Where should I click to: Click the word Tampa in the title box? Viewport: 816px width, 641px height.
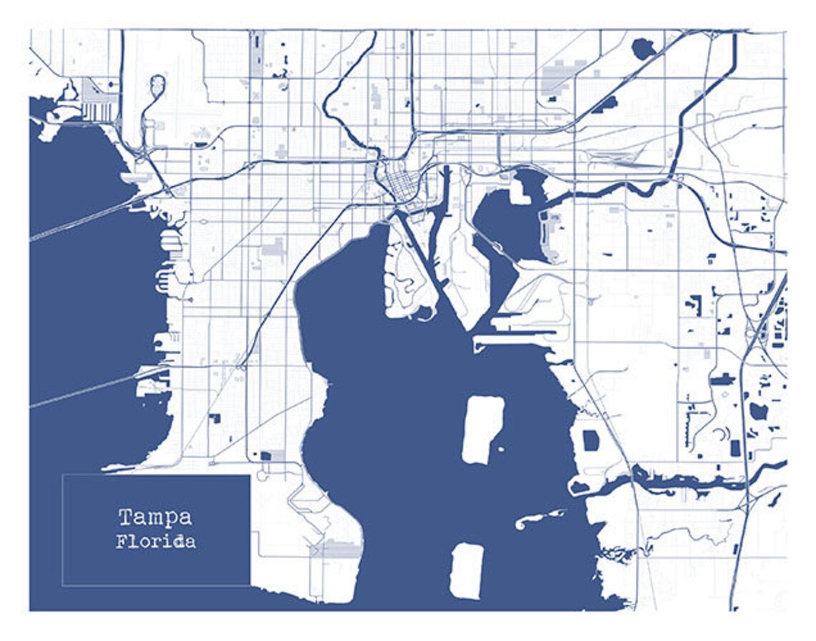155,517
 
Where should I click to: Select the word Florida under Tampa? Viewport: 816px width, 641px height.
155,541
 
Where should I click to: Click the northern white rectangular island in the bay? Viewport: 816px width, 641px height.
482,430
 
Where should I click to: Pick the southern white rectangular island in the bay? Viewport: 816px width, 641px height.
467,570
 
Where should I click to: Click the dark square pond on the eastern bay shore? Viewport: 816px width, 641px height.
591,440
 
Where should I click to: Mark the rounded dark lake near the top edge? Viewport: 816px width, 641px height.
643,49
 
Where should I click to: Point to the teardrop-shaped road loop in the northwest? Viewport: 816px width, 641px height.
157,85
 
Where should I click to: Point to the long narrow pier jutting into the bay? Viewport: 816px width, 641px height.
515,332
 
